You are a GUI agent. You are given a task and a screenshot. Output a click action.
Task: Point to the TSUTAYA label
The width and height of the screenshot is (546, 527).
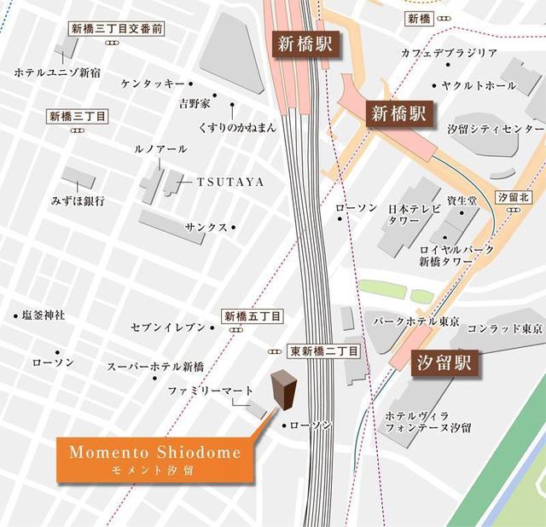tap(230, 182)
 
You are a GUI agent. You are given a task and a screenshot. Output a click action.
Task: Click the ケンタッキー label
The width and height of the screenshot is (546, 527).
tap(153, 84)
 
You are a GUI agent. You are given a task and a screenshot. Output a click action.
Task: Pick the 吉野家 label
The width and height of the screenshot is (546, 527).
tap(194, 103)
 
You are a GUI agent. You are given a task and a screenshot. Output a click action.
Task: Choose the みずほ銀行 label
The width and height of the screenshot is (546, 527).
tap(78, 201)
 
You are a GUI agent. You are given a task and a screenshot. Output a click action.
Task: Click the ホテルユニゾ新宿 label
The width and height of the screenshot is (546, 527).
tap(57, 72)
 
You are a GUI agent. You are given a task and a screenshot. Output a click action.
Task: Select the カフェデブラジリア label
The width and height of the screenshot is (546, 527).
tap(449, 53)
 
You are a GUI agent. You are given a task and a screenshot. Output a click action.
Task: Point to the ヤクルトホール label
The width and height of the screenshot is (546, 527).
tap(479, 85)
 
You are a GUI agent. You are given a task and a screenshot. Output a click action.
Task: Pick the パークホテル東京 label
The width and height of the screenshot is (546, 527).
tap(417, 321)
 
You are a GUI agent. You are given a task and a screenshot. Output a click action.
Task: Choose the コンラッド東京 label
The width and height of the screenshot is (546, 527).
tap(505, 327)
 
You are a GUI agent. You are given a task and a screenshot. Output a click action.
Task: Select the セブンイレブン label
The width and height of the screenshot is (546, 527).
tap(168, 327)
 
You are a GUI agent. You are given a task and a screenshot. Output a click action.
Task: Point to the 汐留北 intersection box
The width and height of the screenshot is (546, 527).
tap(514, 197)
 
